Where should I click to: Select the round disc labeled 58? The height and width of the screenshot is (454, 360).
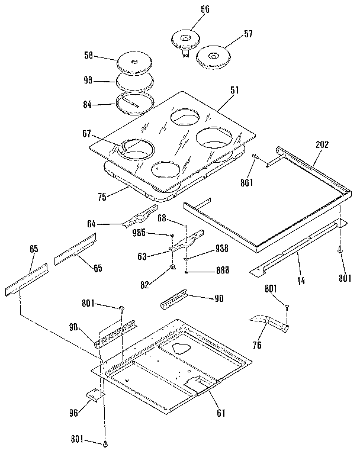pos(135,62)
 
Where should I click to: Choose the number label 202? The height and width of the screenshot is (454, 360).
pos(323,144)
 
